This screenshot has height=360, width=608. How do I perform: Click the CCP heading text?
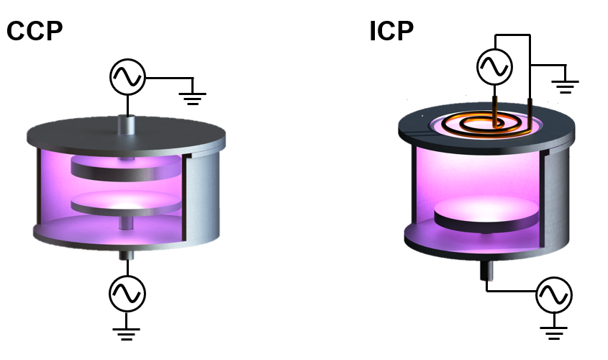(x=35, y=31)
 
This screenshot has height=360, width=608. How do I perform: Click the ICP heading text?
(x=391, y=31)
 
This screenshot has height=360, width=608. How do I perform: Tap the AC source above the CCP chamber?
(x=127, y=77)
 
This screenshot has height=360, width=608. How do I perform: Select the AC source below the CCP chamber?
(x=127, y=294)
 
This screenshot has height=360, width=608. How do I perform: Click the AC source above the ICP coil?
(x=494, y=67)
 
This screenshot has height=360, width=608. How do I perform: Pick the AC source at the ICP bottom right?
(x=554, y=294)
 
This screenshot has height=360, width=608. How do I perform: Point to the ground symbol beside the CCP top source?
(x=193, y=99)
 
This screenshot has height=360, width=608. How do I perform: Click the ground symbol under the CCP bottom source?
(x=126, y=333)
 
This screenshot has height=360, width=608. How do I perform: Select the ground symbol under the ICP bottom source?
(x=554, y=333)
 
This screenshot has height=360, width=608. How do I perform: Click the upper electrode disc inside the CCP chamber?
(x=126, y=168)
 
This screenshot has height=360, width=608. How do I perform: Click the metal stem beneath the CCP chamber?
(x=127, y=255)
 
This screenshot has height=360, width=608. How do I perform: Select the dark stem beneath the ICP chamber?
(x=486, y=270)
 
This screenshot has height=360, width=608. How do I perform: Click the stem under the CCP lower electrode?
(x=126, y=223)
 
